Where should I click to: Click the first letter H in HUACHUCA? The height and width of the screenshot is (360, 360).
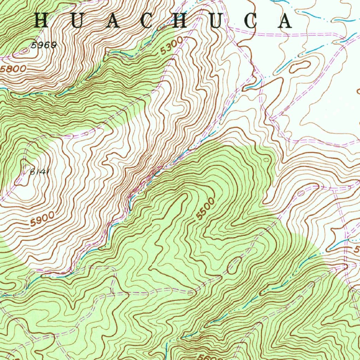[x=41, y=21]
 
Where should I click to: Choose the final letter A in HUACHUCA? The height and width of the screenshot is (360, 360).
[x=284, y=21]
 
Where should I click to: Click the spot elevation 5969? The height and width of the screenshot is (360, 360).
[x=43, y=45]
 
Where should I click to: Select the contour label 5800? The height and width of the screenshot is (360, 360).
[x=13, y=69]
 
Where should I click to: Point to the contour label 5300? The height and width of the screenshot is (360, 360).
[x=172, y=46]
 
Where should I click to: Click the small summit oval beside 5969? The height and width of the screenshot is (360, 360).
[x=25, y=51]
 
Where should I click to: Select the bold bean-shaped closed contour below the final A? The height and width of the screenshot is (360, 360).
[x=300, y=66]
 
